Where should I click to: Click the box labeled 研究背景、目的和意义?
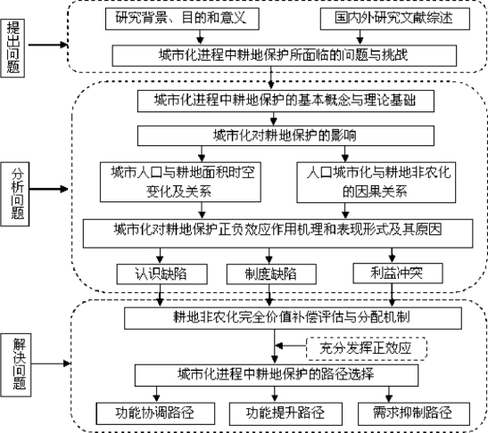(182, 19)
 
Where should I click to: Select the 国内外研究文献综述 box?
(395, 19)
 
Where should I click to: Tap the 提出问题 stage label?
(12, 48)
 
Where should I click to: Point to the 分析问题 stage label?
(15, 194)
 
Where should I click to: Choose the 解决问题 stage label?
(16, 364)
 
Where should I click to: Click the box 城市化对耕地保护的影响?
(285, 135)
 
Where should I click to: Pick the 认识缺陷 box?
(161, 274)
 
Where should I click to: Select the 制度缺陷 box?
(271, 274)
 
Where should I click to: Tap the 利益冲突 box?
(398, 274)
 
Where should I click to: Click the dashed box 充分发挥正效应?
(367, 348)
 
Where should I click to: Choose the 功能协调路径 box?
(155, 413)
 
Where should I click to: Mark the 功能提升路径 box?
(285, 413)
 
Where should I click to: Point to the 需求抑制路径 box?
(414, 413)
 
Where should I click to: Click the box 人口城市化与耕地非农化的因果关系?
(376, 183)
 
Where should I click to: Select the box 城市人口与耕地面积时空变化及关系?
(180, 182)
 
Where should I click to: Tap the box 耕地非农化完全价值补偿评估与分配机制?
(293, 318)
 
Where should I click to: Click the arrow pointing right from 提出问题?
(48, 45)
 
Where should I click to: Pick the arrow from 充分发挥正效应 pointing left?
(291, 346)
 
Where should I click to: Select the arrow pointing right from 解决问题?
(52, 364)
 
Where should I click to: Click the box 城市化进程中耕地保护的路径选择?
(277, 375)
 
